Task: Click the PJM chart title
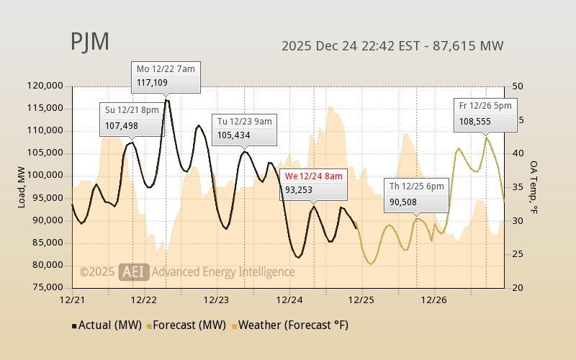point(90,42)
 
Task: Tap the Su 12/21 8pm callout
point(130,117)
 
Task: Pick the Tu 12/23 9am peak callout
point(244,128)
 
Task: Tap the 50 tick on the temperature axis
point(517,86)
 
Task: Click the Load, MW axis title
point(22,186)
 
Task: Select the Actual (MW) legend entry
point(107,325)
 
